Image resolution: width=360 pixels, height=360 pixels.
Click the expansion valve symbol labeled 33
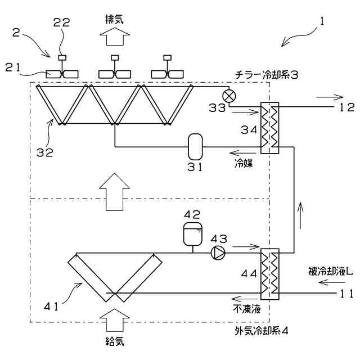[228, 94]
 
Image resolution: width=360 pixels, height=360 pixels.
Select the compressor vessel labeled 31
[196, 147]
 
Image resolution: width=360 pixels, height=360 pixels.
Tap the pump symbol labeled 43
[217, 253]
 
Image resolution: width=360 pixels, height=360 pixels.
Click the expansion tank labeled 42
[193, 233]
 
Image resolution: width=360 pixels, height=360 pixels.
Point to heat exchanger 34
[269, 127]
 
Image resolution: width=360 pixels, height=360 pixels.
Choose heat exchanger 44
[269, 273]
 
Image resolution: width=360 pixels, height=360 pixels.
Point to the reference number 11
[346, 293]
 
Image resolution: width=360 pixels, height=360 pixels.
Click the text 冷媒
[244, 164]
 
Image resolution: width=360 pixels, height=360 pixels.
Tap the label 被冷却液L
[330, 271]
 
